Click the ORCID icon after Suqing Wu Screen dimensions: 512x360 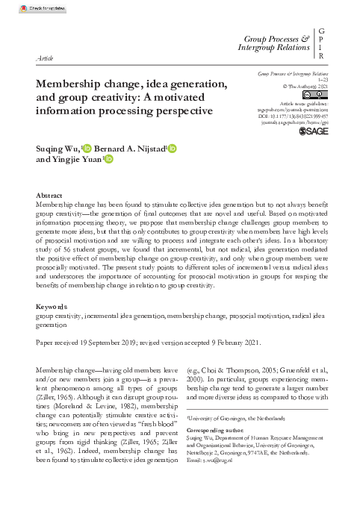[87, 149]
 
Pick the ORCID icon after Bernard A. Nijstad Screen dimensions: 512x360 [173, 149]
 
